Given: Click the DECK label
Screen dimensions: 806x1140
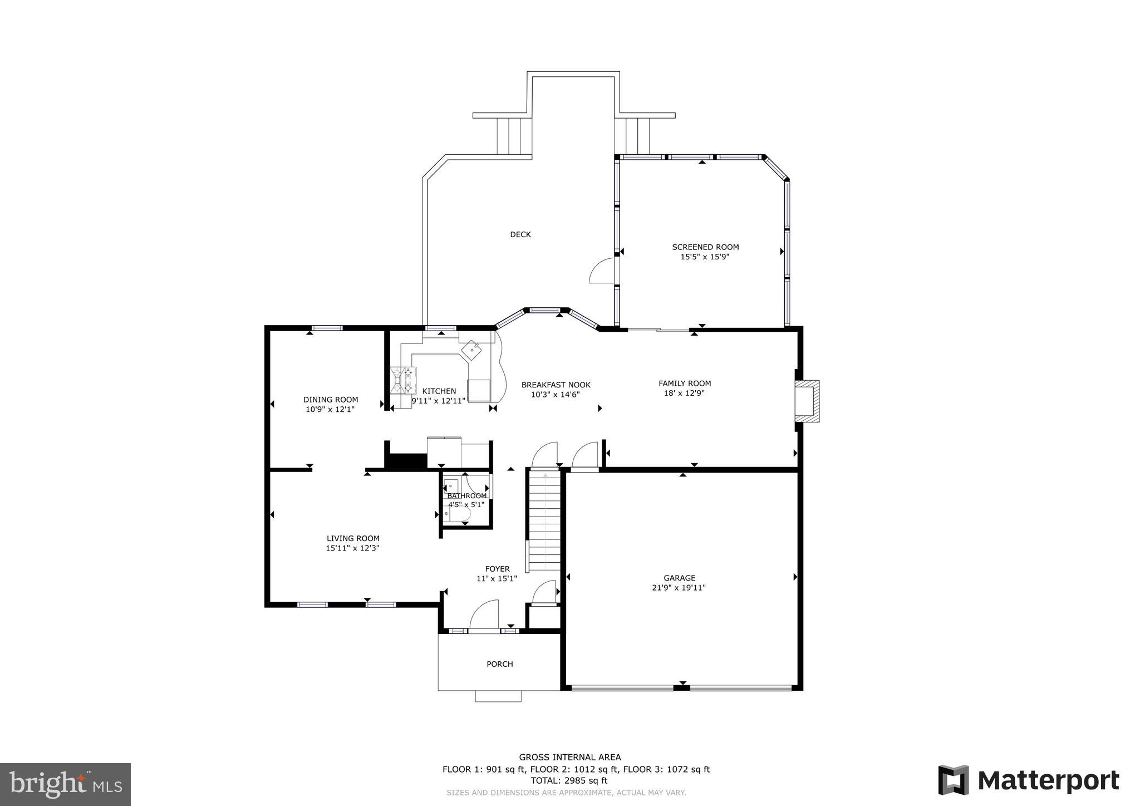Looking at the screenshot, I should (520, 234).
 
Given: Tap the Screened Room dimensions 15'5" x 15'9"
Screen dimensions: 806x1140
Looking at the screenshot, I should (705, 257).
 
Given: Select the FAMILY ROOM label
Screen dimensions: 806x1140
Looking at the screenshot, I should (685, 383).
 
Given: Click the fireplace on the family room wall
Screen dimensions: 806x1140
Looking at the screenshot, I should (807, 401).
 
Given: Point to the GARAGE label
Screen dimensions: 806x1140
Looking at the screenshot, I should (679, 578).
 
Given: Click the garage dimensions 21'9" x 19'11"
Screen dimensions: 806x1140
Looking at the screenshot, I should (679, 588).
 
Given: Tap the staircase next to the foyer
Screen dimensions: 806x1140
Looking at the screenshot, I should (544, 520).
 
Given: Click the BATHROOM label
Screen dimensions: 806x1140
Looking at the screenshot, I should (466, 495).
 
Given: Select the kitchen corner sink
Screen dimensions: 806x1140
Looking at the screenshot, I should (471, 350).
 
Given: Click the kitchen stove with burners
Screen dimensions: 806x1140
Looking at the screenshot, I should (404, 380).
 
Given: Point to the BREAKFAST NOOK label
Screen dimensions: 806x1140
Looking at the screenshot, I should (556, 385).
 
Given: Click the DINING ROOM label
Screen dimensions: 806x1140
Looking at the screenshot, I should (331, 400).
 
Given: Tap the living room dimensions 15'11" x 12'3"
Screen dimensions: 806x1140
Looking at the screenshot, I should (352, 548).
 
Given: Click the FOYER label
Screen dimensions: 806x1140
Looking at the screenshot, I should (497, 569).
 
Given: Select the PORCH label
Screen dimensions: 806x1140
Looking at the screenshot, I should (499, 664).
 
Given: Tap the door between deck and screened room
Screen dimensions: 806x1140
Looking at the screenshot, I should (602, 272).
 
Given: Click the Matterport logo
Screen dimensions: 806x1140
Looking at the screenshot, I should (1028, 781).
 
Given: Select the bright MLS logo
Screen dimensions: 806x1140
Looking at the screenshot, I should (65, 784).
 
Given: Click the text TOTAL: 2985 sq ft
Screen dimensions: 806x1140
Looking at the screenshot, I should (569, 781).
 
